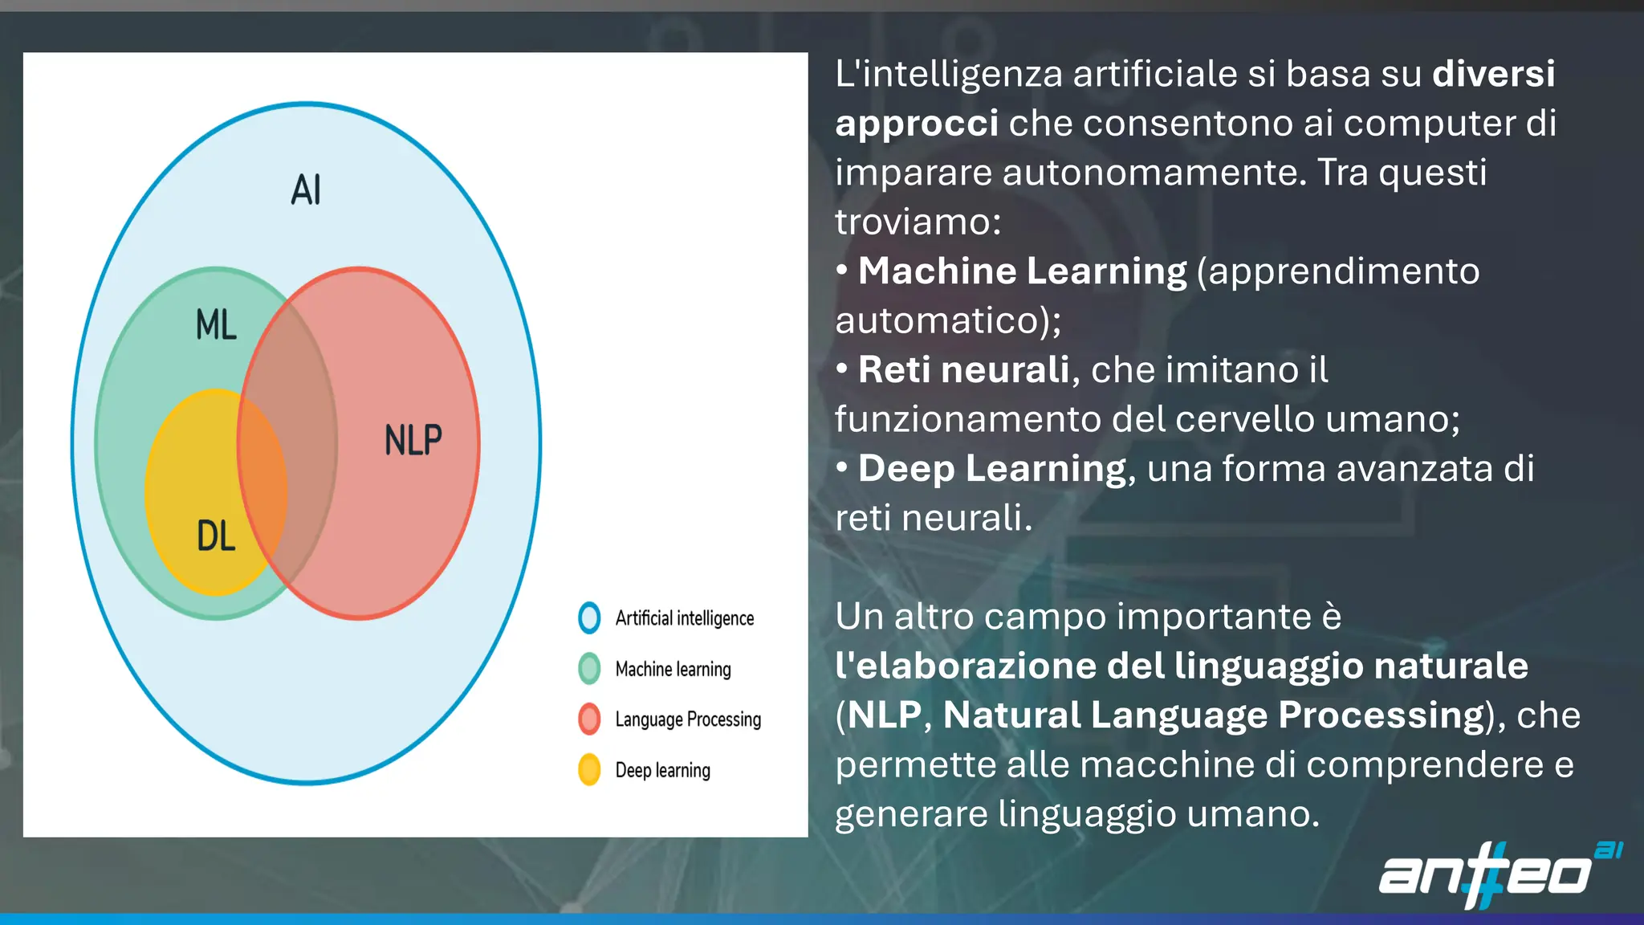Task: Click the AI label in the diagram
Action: (306, 190)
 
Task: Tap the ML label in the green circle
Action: (216, 325)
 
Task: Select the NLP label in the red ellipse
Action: (413, 440)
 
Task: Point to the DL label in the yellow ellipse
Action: (216, 536)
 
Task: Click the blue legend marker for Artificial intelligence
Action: (589, 617)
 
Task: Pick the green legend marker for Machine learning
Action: (589, 668)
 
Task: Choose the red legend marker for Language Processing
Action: (589, 719)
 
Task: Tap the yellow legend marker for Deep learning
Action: (589, 769)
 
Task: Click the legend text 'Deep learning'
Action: (662, 770)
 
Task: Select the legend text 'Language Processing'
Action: (688, 719)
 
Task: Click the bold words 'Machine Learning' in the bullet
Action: (1022, 271)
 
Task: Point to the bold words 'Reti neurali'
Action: (963, 369)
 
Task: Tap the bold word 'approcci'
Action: (917, 123)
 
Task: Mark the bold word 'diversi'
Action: (1493, 74)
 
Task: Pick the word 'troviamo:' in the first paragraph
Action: (918, 222)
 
